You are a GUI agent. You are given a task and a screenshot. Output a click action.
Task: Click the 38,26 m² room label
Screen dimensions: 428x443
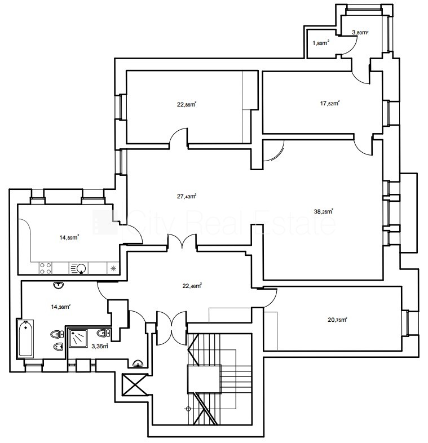tap(324, 211)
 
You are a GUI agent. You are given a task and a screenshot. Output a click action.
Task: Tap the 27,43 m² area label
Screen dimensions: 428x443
tap(187, 196)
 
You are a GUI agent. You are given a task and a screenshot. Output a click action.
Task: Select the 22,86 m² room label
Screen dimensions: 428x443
tap(187, 104)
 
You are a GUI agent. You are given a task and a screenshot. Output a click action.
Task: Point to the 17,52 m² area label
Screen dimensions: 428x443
tap(330, 103)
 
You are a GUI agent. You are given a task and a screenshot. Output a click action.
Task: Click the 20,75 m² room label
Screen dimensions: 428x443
tap(337, 320)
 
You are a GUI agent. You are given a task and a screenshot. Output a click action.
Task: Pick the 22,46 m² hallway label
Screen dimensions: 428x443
tap(192, 286)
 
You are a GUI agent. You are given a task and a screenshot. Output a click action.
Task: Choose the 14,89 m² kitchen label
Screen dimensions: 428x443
tap(69, 237)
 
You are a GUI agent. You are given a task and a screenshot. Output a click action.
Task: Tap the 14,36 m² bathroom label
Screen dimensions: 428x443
tap(60, 306)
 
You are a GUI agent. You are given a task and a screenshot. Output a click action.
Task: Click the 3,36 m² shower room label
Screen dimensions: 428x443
tap(100, 346)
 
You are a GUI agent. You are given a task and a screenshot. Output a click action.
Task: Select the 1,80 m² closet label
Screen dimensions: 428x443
tap(320, 43)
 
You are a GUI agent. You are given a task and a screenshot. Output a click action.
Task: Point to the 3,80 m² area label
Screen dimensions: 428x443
tap(360, 32)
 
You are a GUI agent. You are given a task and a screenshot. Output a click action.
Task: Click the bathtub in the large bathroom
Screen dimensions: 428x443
tap(26, 338)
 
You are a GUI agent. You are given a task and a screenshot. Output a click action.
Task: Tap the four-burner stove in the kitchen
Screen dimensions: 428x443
tap(46, 268)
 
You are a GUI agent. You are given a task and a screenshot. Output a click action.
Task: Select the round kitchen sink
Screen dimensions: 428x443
tap(81, 268)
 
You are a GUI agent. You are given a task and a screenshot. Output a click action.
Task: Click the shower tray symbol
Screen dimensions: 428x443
tap(78, 339)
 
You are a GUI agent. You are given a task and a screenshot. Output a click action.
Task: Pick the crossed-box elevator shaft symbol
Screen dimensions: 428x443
tap(135, 384)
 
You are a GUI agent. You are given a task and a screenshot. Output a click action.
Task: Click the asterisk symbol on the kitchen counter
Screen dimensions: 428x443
tap(113, 268)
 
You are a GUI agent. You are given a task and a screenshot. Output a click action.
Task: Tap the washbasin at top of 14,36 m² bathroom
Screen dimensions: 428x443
tap(59, 285)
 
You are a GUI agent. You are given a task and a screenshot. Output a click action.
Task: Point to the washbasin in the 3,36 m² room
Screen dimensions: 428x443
tap(138, 364)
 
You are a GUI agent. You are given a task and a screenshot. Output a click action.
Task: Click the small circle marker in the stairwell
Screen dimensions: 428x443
tap(188, 409)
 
